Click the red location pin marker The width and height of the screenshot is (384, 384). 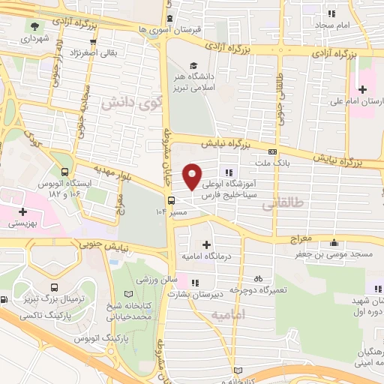(x=193, y=175)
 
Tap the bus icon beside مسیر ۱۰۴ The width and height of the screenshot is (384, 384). (x=172, y=200)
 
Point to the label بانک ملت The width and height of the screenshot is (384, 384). (x=261, y=162)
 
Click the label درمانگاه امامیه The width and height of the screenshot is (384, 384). (x=205, y=256)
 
